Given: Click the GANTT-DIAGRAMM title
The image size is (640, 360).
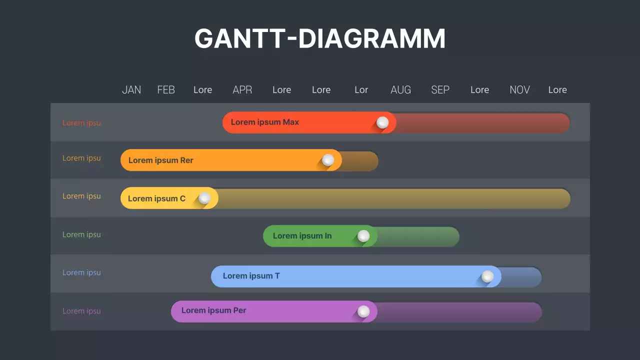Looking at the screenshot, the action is coord(320,38).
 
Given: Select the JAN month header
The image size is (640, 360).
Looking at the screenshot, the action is coord(131,90).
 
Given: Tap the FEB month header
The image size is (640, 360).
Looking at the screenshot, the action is coord(166,90).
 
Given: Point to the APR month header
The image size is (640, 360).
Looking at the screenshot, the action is coord(242,90).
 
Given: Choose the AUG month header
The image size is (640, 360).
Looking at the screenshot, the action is coord(400,90).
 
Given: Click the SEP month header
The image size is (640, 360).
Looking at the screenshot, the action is coord(440,90).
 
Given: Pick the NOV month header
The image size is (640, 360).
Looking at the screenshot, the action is coord(519,90).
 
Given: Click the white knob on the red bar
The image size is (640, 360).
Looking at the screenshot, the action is coord(382,122).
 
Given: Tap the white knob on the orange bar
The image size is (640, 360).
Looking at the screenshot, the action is coord(328,160).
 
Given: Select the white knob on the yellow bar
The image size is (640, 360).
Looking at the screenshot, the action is coord(204,198).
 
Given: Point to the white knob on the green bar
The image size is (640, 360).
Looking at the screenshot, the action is coord(363,236).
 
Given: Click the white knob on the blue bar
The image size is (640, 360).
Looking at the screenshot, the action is coord(487,276).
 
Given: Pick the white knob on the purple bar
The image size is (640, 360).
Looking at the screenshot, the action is coord(363,311).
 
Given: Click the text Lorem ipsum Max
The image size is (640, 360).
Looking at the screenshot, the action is coord(265,122).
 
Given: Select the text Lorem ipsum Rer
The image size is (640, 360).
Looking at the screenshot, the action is coord(161,160).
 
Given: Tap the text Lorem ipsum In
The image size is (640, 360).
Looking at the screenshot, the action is coord(302,236).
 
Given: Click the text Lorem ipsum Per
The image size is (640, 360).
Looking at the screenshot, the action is coord(213,310).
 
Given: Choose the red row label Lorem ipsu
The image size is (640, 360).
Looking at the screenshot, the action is coord(81,123).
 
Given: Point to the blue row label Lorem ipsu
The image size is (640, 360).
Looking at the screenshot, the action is coord(81,272).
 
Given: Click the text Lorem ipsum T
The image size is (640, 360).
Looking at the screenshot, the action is coord(251,276).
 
